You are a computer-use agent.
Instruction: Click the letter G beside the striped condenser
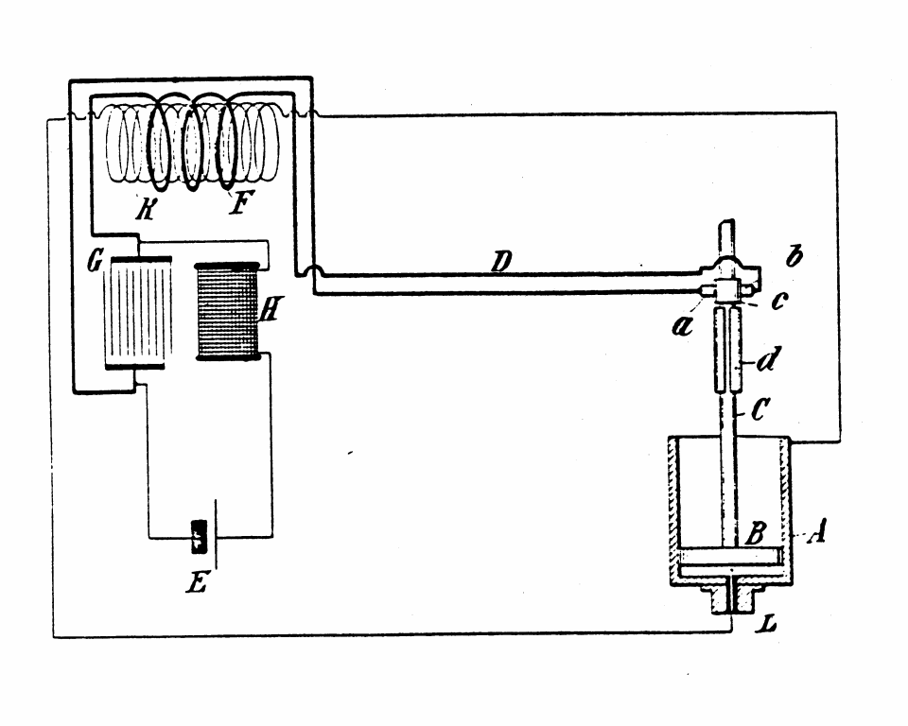point(95,262)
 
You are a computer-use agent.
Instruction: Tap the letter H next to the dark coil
point(269,311)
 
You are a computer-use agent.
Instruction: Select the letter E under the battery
point(197,583)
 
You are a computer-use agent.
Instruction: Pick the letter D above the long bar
point(501,262)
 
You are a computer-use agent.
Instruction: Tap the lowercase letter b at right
point(794,255)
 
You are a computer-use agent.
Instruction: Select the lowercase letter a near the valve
point(682,327)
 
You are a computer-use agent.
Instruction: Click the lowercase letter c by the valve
point(779,301)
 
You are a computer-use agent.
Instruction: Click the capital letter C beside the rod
point(760,409)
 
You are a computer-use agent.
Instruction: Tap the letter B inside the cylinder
point(756,532)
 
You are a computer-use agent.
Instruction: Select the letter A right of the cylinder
point(816,531)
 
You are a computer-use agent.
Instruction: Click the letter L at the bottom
point(769,623)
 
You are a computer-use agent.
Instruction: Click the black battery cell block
point(200,537)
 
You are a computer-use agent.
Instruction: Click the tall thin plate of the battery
point(217,534)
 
